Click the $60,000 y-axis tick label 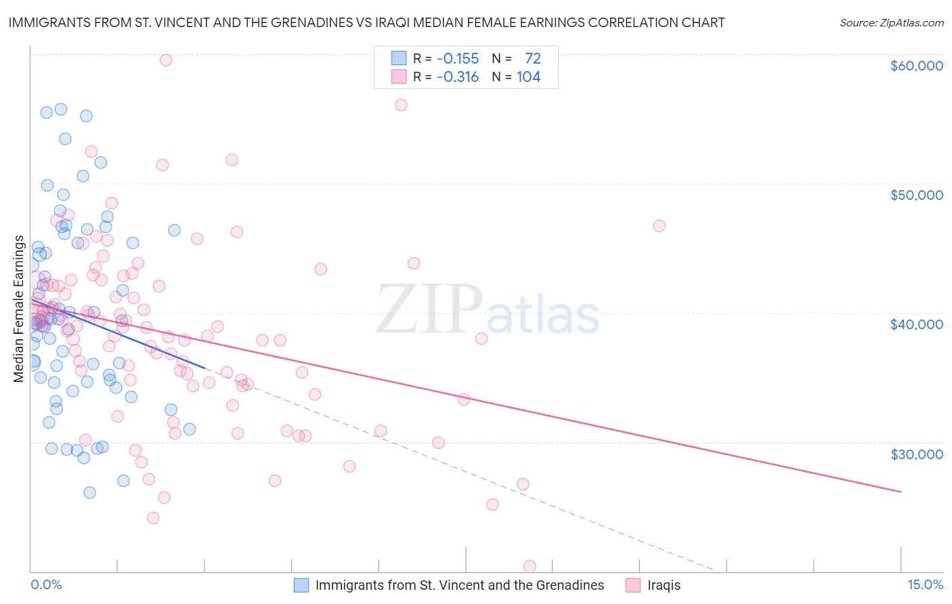916,66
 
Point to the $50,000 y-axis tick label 916,195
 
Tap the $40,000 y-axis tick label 916,324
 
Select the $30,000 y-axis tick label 916,454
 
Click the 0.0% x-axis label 46,584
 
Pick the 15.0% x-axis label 925,584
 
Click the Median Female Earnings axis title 19,309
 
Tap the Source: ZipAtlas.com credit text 891,23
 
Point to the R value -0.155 458,59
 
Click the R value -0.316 458,77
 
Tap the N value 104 528,77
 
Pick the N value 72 533,59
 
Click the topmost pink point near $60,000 166,60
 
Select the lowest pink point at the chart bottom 529,566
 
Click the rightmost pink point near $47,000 659,226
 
